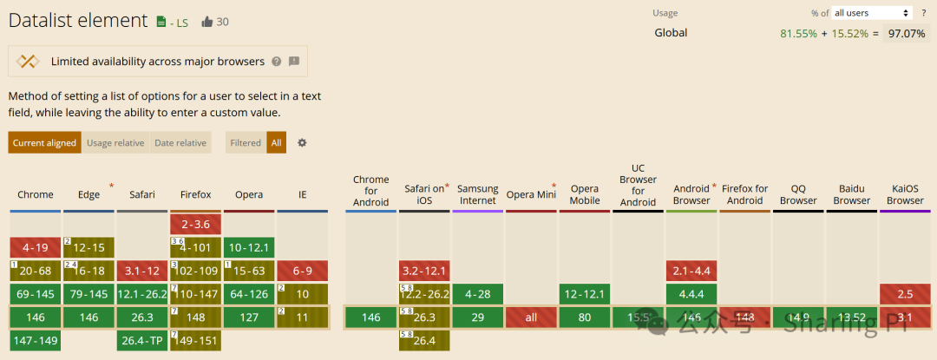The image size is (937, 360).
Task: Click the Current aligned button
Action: (x=44, y=143)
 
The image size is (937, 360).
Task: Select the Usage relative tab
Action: (x=115, y=143)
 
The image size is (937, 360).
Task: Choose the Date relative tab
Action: (x=180, y=143)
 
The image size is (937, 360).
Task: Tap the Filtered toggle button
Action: (x=246, y=143)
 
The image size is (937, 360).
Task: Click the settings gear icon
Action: (x=302, y=143)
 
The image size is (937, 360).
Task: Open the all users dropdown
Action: (x=871, y=13)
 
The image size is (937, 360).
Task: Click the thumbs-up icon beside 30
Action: (x=206, y=22)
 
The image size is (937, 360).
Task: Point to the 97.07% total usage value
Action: (x=907, y=33)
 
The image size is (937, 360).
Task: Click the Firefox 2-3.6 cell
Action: (x=195, y=224)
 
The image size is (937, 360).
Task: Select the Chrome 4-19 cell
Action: (x=36, y=247)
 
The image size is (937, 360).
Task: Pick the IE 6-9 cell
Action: (x=302, y=271)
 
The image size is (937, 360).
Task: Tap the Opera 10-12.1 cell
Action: (x=249, y=247)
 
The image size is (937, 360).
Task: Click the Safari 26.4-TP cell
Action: (x=142, y=340)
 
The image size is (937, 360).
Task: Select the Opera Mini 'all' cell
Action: (x=531, y=317)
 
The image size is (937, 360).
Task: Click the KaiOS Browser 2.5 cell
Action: (x=905, y=294)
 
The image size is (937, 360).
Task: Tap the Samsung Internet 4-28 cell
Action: (x=478, y=294)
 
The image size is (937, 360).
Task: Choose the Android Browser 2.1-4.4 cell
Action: (x=691, y=271)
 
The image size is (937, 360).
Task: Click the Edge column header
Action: (x=88, y=194)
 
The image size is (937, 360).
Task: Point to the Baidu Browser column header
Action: (x=852, y=194)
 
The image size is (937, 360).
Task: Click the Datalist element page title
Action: (x=78, y=21)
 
